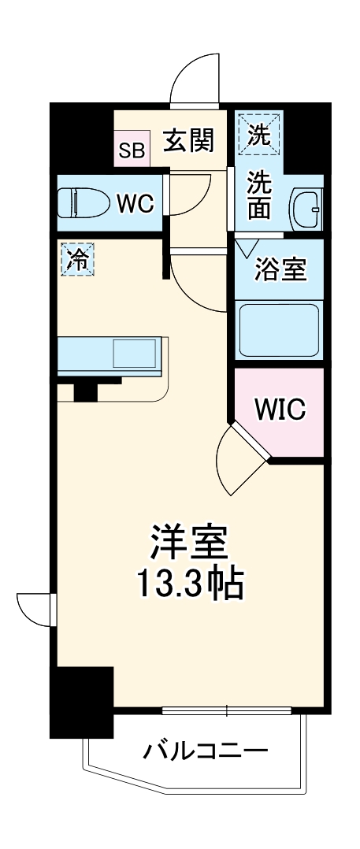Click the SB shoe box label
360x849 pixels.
click(132, 150)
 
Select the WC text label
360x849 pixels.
click(135, 202)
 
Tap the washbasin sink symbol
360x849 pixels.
click(306, 208)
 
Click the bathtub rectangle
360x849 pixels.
click(278, 331)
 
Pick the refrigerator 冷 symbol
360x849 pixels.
click(78, 259)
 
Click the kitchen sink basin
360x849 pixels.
click(136, 354)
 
